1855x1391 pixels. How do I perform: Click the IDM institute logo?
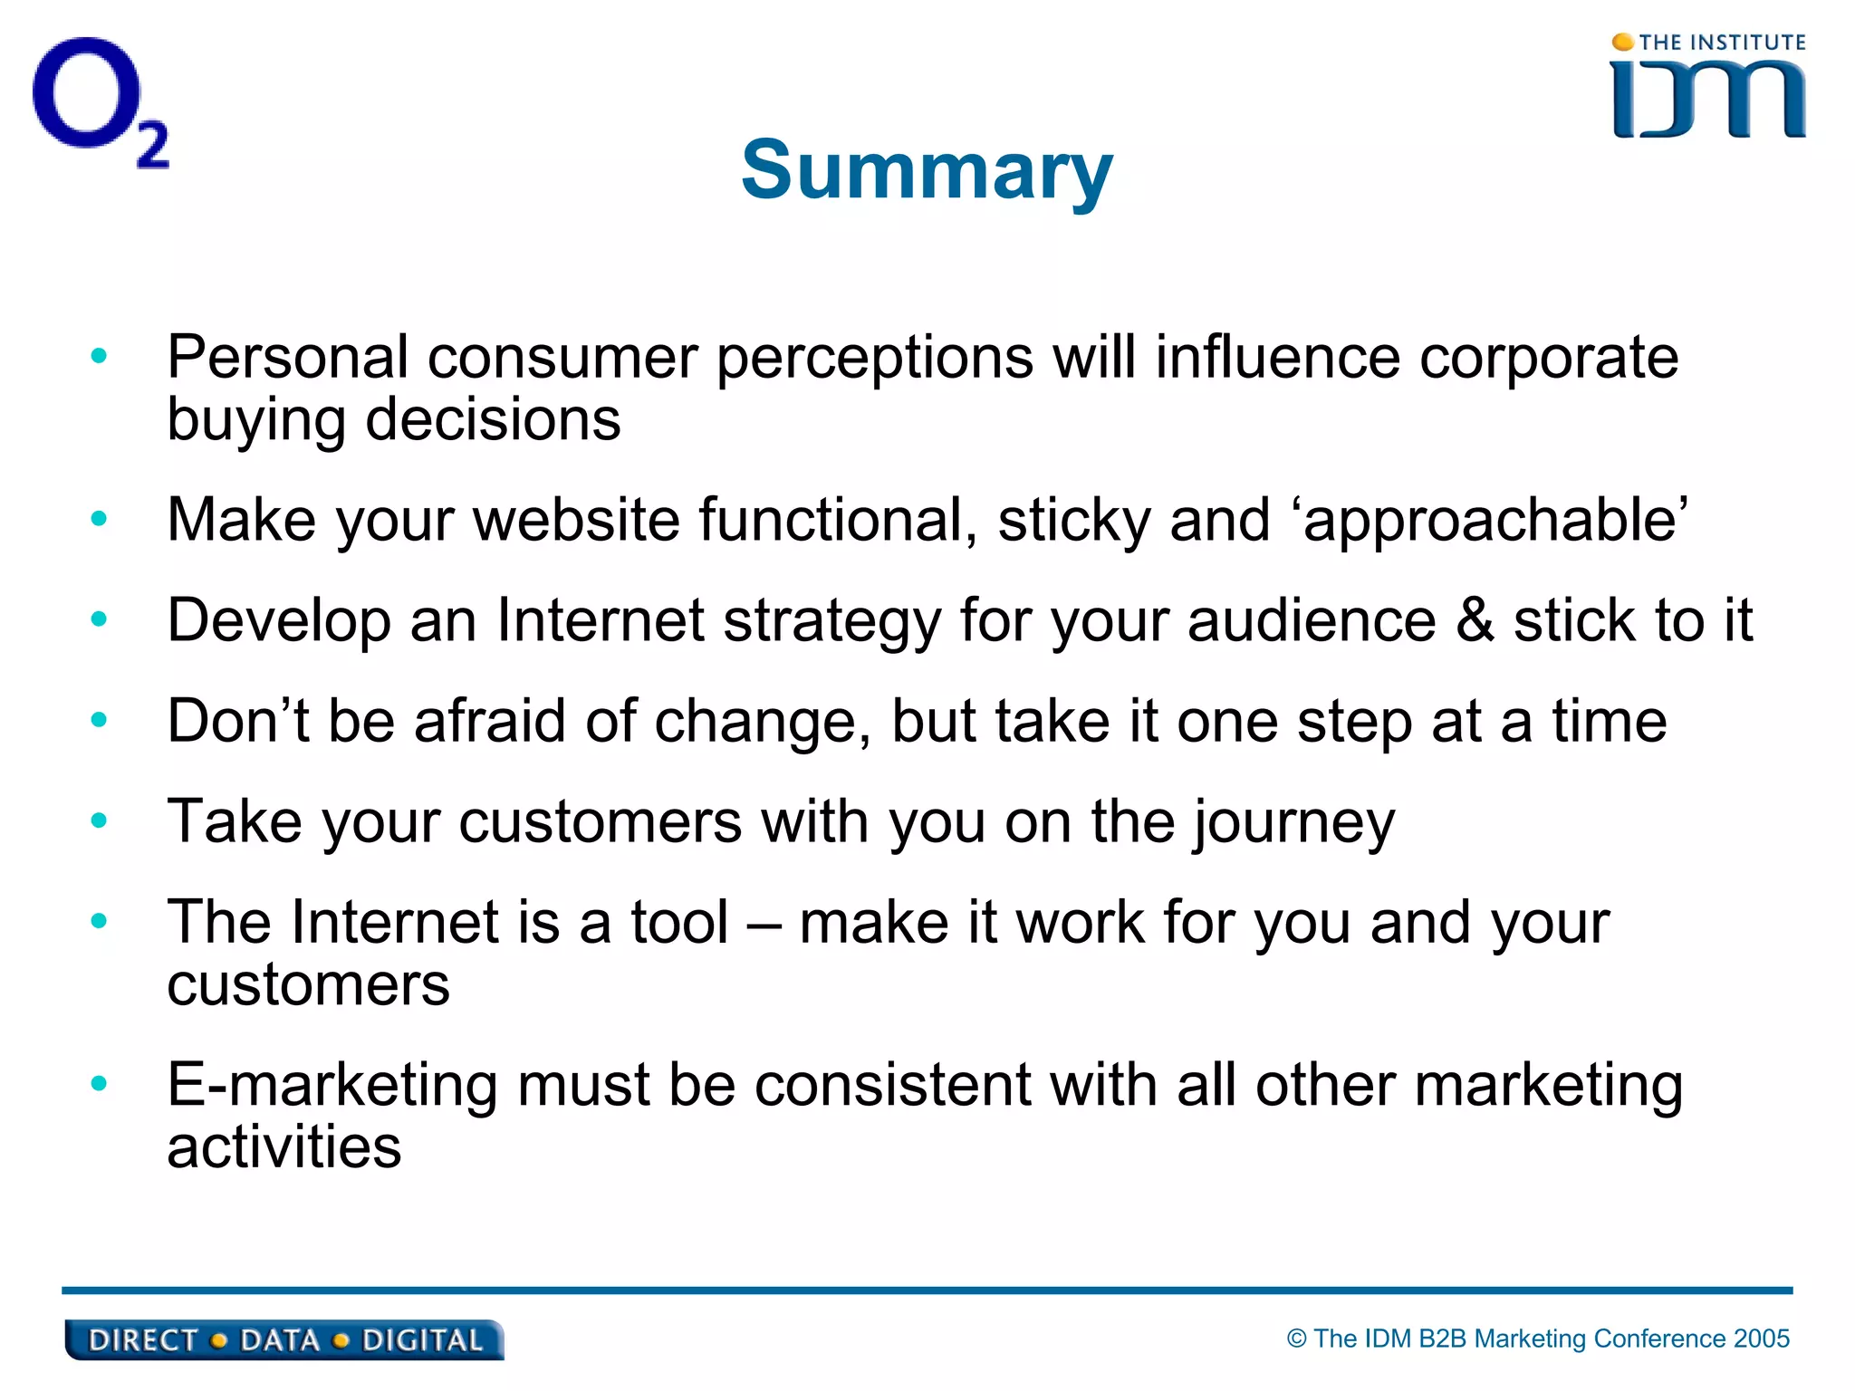coord(1708,88)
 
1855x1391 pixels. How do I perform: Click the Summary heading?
coord(927,170)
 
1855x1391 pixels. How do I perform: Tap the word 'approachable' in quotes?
coord(1495,521)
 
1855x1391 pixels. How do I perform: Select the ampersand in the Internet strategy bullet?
coord(1475,621)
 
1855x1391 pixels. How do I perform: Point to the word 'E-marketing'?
coord(332,1085)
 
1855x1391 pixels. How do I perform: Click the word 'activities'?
coord(284,1146)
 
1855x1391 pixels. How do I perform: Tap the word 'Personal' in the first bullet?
coord(287,358)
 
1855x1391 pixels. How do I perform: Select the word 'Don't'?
coord(237,722)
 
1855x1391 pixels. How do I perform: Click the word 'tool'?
coord(679,923)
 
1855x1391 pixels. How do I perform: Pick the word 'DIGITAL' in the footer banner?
coord(422,1340)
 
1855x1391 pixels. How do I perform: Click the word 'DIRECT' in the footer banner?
coord(142,1340)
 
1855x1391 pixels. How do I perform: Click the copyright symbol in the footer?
coord(1297,1338)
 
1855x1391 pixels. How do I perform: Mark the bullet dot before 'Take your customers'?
coord(99,820)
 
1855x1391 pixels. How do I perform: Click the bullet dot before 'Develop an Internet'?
coord(99,619)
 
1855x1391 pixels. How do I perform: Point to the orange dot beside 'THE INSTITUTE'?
coord(1623,42)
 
